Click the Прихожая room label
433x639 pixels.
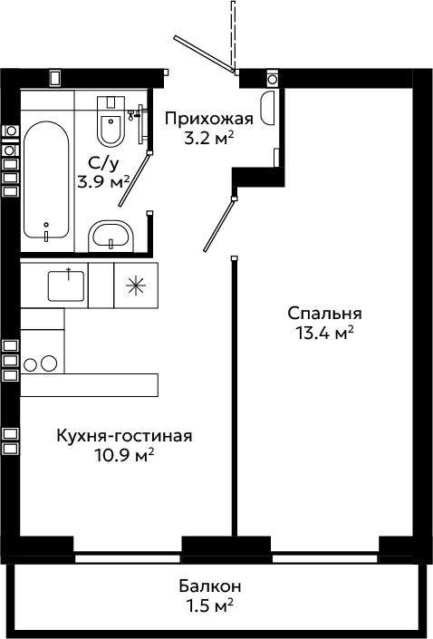tap(209, 119)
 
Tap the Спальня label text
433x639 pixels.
tap(324, 314)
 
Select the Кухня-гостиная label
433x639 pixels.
tap(124, 436)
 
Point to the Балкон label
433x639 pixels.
tap(210, 586)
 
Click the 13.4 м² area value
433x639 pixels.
tap(324, 334)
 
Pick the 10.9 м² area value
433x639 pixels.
tap(124, 455)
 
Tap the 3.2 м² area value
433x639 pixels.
tap(209, 139)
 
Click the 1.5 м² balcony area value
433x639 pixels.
tap(210, 605)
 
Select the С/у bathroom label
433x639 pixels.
tap(103, 164)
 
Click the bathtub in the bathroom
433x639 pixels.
tap(46, 179)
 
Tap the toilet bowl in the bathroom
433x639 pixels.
tap(111, 121)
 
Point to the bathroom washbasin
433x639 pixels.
tap(111, 237)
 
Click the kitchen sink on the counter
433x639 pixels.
tap(66, 286)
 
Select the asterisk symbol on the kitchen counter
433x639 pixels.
tap(136, 286)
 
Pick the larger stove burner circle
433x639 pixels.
tap(49, 363)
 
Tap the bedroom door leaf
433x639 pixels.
tap(219, 225)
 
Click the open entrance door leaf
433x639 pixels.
tap(205, 54)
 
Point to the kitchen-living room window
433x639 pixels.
tap(128, 558)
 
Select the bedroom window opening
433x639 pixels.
tap(325, 558)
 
